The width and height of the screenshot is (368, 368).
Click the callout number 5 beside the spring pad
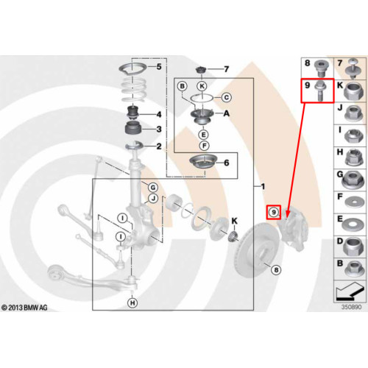click(159, 66)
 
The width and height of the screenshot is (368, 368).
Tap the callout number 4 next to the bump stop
click(159, 114)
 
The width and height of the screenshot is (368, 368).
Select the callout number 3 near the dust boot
click(159, 129)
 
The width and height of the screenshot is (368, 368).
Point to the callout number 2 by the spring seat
click(159, 146)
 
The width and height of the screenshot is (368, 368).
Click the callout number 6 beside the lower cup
click(227, 163)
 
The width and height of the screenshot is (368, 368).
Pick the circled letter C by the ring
click(227, 97)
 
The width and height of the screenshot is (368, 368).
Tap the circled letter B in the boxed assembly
click(183, 86)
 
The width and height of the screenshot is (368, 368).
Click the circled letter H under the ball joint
click(132, 302)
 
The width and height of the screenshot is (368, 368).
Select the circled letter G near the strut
click(153, 188)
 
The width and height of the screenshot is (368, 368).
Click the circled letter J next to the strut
click(153, 198)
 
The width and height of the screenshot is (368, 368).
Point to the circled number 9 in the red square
click(274, 212)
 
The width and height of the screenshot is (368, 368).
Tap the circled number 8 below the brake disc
click(276, 270)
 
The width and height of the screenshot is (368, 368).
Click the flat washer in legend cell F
click(354, 202)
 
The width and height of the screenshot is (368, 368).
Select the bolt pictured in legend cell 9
click(319, 91)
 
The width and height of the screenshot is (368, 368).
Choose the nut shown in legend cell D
click(353, 247)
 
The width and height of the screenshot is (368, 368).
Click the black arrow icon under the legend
click(348, 291)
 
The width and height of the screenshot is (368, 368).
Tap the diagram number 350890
click(351, 307)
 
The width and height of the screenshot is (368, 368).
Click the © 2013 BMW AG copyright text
click(24, 308)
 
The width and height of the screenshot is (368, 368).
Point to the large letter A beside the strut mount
click(226, 113)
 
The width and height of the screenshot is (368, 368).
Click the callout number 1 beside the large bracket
click(263, 186)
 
